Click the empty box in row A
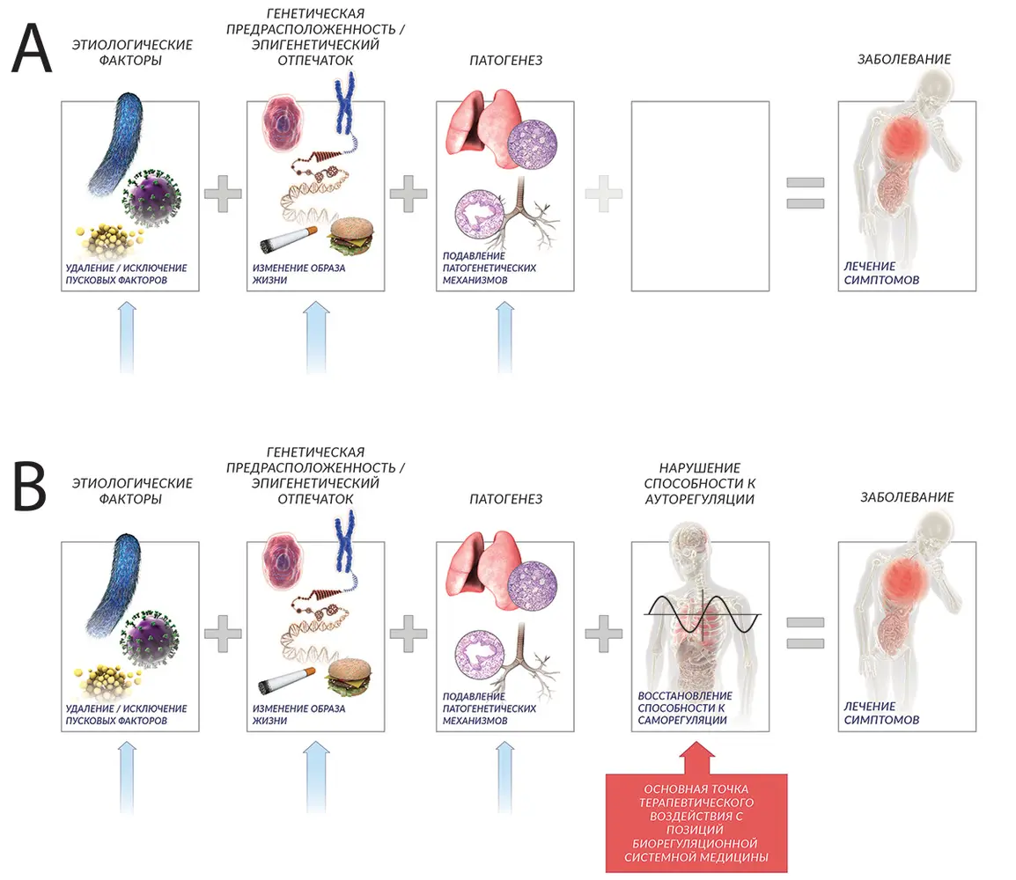coord(700,196)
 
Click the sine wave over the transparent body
coord(702,613)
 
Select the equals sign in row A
coord(805,193)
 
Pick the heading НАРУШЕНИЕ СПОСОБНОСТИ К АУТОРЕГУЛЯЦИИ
coord(699,483)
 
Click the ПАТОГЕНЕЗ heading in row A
coord(504,60)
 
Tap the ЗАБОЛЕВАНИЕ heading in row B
coord(906,497)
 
